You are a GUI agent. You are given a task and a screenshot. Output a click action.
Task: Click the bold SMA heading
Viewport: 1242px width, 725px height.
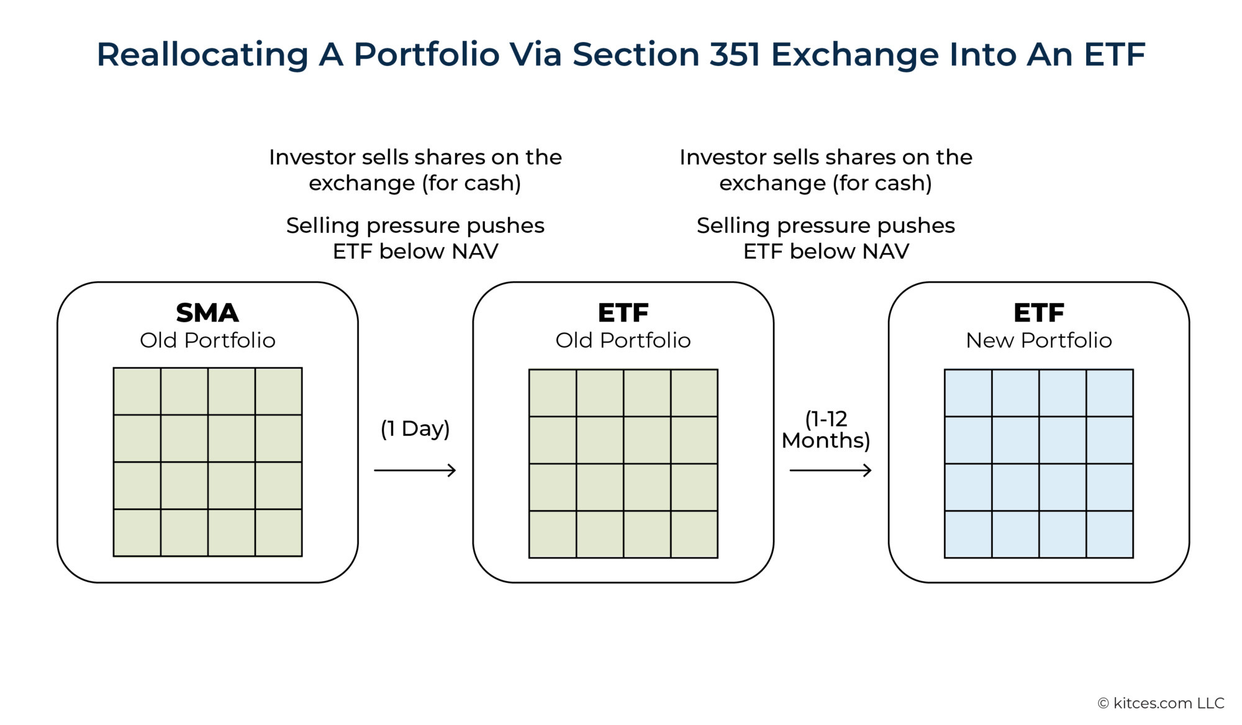207,313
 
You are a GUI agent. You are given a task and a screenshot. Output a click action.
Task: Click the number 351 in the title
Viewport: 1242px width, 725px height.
735,55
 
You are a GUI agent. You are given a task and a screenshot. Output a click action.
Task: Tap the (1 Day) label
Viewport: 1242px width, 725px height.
415,428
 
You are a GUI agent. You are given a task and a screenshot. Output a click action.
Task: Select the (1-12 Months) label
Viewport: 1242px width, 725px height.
826,430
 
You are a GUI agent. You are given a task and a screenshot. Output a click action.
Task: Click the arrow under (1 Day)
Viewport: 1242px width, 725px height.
415,471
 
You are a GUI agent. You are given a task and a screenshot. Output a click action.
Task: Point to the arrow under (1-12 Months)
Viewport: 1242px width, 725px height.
830,471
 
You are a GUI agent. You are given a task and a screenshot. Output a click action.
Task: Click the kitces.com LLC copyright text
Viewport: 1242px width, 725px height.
1161,703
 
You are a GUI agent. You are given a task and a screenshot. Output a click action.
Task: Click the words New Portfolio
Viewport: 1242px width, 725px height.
1038,340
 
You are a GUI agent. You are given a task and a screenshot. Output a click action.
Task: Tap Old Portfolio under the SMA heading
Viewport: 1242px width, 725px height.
207,340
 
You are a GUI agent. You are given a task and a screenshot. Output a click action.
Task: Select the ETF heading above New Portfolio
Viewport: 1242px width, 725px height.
1038,313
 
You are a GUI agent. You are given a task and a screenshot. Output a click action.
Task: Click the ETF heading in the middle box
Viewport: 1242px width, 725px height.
623,313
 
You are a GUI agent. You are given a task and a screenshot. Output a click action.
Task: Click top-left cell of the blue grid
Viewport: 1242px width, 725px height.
968,393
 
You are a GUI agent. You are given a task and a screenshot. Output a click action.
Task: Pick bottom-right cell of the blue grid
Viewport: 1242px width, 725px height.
1110,534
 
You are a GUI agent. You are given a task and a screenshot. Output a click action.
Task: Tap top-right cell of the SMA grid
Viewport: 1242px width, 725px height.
278,391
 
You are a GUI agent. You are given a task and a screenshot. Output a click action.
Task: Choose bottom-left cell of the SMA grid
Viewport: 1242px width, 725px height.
137,533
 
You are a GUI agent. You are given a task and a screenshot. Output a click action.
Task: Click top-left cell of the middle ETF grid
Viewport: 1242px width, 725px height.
553,393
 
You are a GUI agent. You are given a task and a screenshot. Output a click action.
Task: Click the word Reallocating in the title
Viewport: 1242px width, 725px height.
202,55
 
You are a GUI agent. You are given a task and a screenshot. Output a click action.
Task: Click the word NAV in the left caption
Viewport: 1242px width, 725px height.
475,251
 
